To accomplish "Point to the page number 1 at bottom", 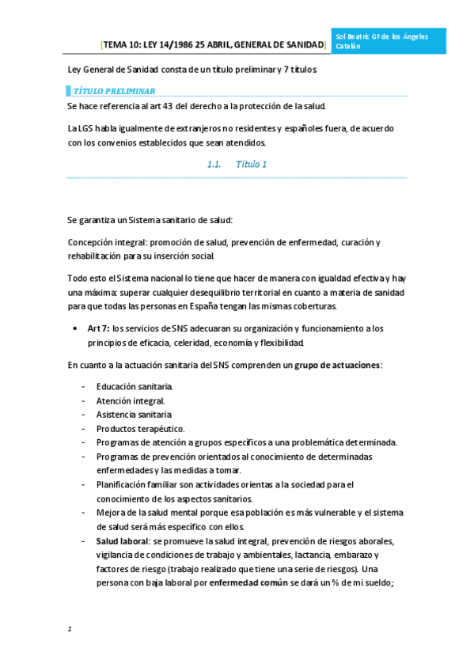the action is pyautogui.click(x=70, y=629).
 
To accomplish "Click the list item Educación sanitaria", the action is pyautogui.click(x=134, y=386).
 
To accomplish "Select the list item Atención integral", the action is pyautogui.click(x=131, y=400).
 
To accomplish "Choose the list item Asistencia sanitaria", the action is pyautogui.click(x=134, y=415).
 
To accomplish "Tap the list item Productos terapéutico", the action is pyautogui.click(x=140, y=428).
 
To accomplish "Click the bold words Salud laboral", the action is pyautogui.click(x=123, y=541).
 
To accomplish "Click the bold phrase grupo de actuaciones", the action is pyautogui.click(x=337, y=365).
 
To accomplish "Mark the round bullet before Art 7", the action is pyautogui.click(x=74, y=328).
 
